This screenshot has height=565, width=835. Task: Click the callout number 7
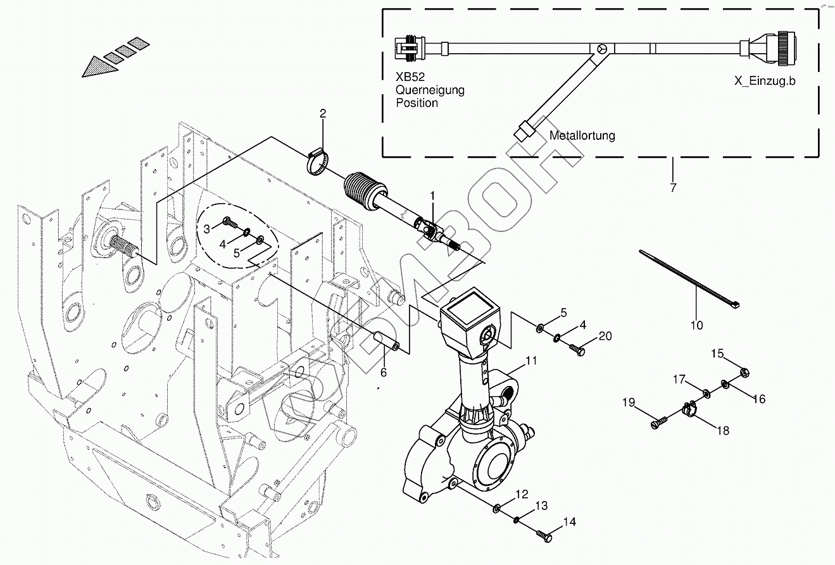tap(673, 188)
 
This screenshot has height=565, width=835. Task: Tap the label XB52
tap(410, 78)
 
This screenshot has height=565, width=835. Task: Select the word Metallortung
tap(582, 135)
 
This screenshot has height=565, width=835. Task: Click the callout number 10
tap(696, 326)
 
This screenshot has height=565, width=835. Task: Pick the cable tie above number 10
tap(690, 279)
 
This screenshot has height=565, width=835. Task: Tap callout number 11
tap(531, 361)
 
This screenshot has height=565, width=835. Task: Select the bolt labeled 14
tap(544, 536)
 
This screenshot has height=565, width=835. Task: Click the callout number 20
tap(605, 336)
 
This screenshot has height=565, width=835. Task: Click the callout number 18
tap(722, 431)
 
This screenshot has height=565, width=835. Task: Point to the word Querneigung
tap(430, 90)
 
